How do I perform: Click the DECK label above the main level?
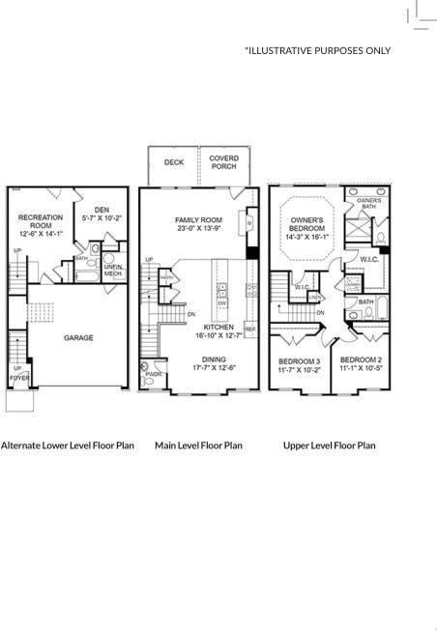(x=174, y=163)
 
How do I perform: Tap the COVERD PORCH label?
(x=224, y=162)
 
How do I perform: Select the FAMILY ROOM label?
(x=198, y=219)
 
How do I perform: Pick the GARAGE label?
(x=78, y=338)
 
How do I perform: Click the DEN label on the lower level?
(x=102, y=210)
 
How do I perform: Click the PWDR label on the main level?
(x=153, y=374)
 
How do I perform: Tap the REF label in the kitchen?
(x=250, y=330)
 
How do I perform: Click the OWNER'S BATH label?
(x=368, y=203)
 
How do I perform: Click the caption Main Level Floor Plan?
(x=198, y=445)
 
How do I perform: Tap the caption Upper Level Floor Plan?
(x=329, y=445)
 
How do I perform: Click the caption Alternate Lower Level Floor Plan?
(x=68, y=445)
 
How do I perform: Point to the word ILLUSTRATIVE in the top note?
(x=285, y=50)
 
